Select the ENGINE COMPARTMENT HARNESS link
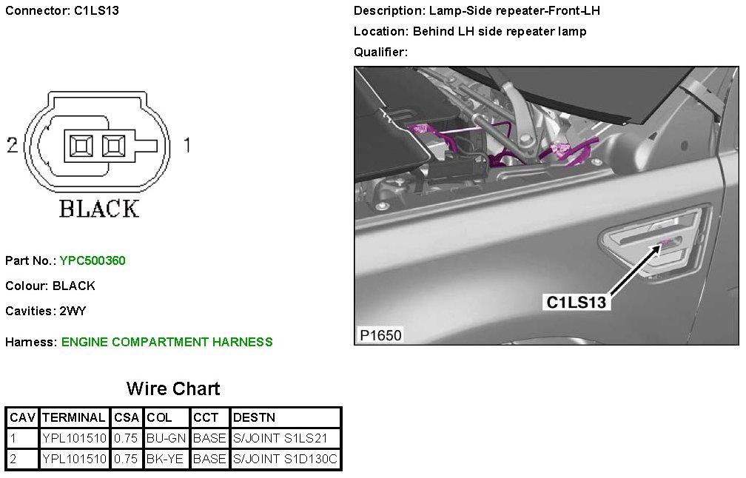pos(167,342)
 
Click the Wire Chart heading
pos(173,388)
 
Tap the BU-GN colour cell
pos(167,438)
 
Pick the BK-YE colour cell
pos(167,459)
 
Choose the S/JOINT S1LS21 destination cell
pos(286,438)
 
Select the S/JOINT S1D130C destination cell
pos(286,459)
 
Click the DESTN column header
pos(255,417)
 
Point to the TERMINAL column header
pos(74,417)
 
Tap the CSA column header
pos(127,417)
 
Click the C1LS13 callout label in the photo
pos(576,302)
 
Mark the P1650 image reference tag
pos(380,335)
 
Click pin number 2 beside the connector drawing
pos(12,145)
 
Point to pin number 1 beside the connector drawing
pos(186,145)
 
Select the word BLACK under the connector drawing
pos(98,209)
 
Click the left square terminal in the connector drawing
pos(78,145)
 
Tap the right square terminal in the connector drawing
pos(113,145)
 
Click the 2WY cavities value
pos(73,311)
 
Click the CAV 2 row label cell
pos(22,459)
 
